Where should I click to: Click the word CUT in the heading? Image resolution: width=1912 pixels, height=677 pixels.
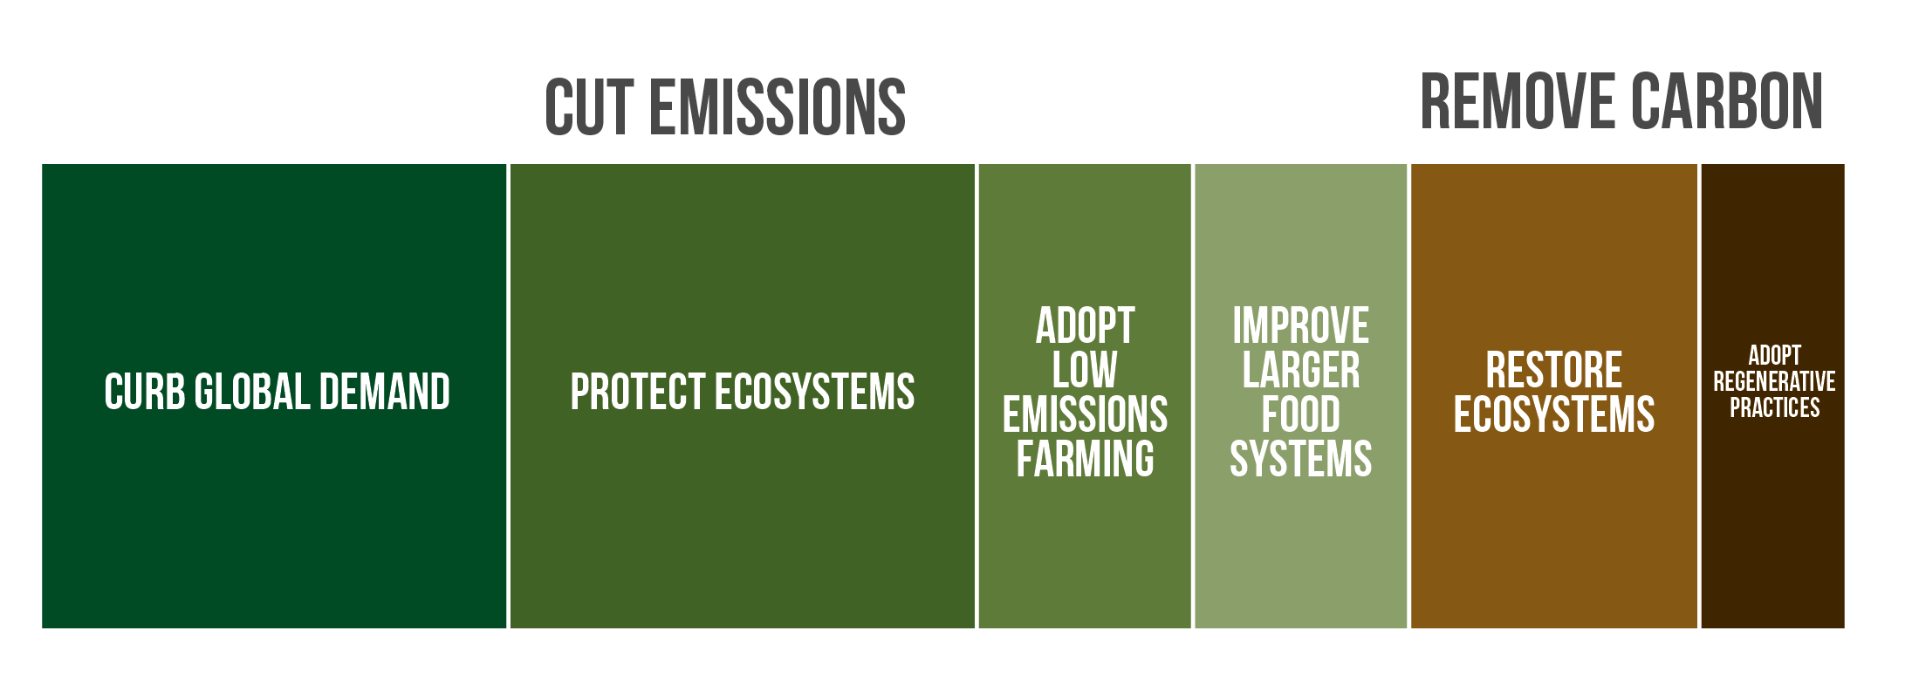pos(588,107)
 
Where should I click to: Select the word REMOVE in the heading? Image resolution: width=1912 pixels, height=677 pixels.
pos(1517,101)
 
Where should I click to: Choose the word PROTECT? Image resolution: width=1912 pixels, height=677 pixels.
pos(638,392)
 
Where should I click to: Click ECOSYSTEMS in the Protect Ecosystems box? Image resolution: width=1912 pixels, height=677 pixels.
pos(815,392)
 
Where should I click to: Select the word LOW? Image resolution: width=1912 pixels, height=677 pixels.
pos(1085,370)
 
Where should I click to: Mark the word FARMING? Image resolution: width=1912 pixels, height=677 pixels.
pos(1085,459)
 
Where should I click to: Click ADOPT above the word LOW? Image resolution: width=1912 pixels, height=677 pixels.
pos(1085,325)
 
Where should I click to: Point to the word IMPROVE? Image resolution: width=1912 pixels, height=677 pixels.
pos(1300,325)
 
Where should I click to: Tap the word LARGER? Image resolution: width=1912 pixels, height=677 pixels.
pos(1300,370)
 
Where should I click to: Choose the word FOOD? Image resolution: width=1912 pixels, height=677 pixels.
pos(1300,414)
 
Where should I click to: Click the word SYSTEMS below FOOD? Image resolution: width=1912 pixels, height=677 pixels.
pos(1300,459)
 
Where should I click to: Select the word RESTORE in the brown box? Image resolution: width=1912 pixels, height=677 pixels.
pos(1554,370)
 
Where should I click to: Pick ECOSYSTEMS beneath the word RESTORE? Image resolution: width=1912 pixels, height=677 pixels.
pos(1554,414)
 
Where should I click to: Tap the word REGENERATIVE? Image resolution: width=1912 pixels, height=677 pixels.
pos(1774,381)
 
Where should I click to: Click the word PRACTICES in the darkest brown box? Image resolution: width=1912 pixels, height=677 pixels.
pos(1775,407)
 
